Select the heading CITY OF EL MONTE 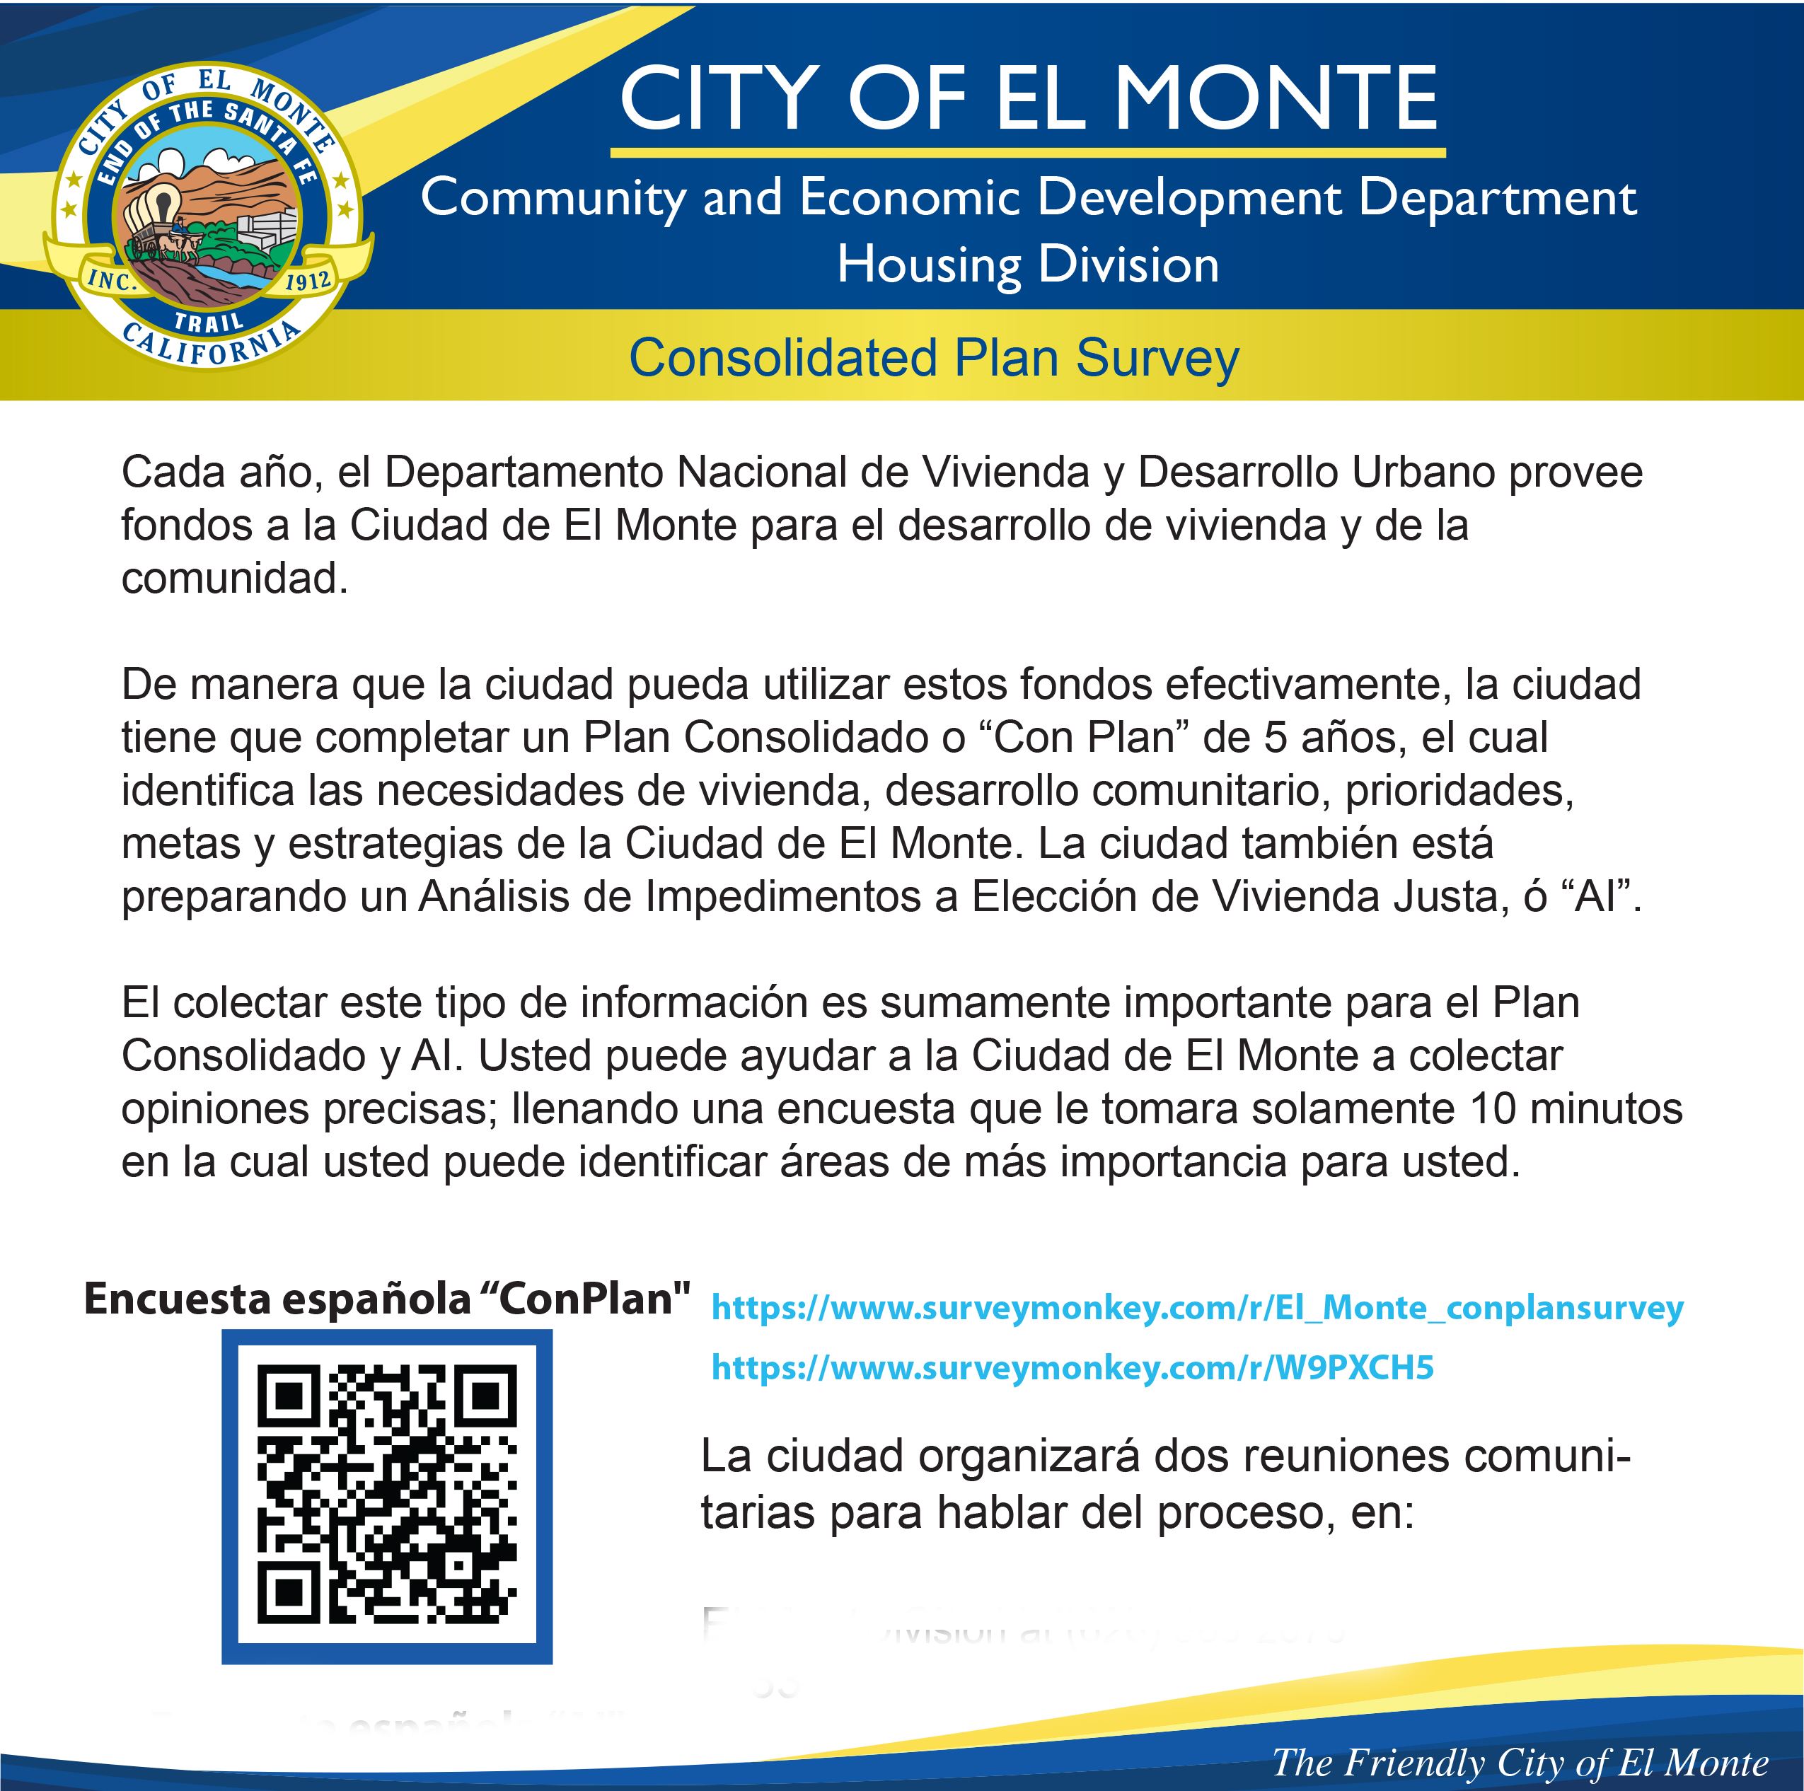pyautogui.click(x=1028, y=99)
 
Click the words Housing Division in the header pyautogui.click(x=1028, y=265)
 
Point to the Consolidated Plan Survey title pyautogui.click(x=934, y=358)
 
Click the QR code pyautogui.click(x=386, y=1496)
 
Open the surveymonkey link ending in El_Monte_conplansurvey pyautogui.click(x=1197, y=1307)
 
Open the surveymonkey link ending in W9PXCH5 pyautogui.click(x=1072, y=1367)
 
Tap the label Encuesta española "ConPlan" pyautogui.click(x=386, y=1299)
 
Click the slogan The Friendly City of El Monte pyautogui.click(x=1519, y=1762)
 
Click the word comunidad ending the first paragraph pyautogui.click(x=233, y=579)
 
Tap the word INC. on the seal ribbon pyautogui.click(x=112, y=280)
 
